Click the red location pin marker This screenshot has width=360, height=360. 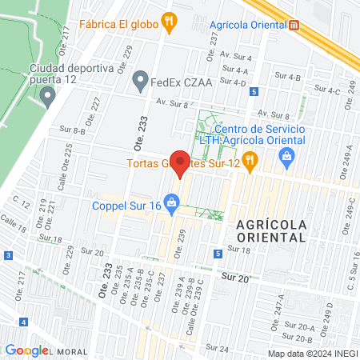181,162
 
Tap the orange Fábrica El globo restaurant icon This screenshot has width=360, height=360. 168,23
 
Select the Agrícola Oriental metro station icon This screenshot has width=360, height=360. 294,23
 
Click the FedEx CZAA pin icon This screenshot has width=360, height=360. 141,78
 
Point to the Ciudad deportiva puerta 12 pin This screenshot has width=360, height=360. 48,98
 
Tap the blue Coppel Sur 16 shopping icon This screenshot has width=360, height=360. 170,201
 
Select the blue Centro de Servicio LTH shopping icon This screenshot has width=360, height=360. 287,158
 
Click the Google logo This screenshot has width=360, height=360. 27,350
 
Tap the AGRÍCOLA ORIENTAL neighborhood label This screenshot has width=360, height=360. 271,230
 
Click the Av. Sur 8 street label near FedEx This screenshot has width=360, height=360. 173,102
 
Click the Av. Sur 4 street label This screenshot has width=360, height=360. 236,58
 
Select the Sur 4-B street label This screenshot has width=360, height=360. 286,77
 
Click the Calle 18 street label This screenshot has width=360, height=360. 13,223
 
